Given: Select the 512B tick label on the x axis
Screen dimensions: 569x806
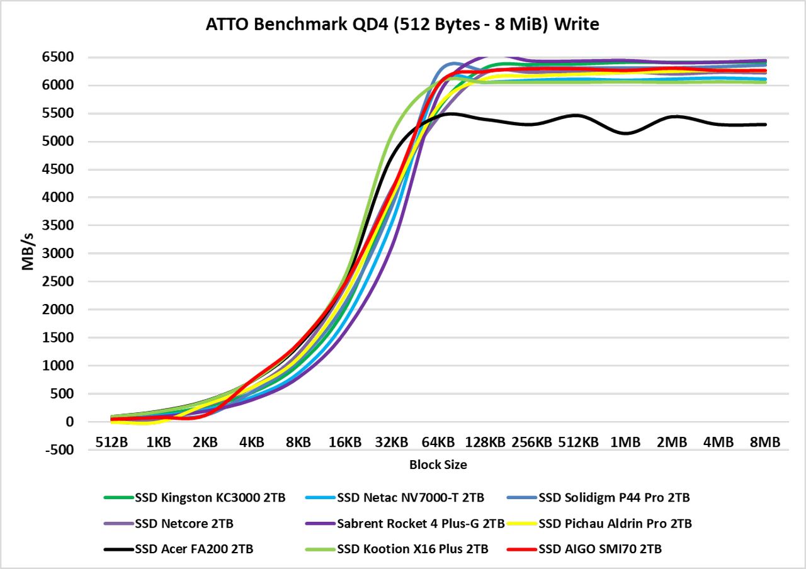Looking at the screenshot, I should [111, 442].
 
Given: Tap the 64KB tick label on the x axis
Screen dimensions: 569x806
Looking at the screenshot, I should [438, 442].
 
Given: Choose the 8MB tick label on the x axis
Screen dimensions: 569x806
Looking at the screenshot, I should [765, 442].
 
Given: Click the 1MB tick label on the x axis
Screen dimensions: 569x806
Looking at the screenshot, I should [625, 442].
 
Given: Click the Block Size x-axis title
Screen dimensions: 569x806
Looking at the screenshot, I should [438, 465].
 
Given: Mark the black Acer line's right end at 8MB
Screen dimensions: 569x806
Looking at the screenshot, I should [765, 125].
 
